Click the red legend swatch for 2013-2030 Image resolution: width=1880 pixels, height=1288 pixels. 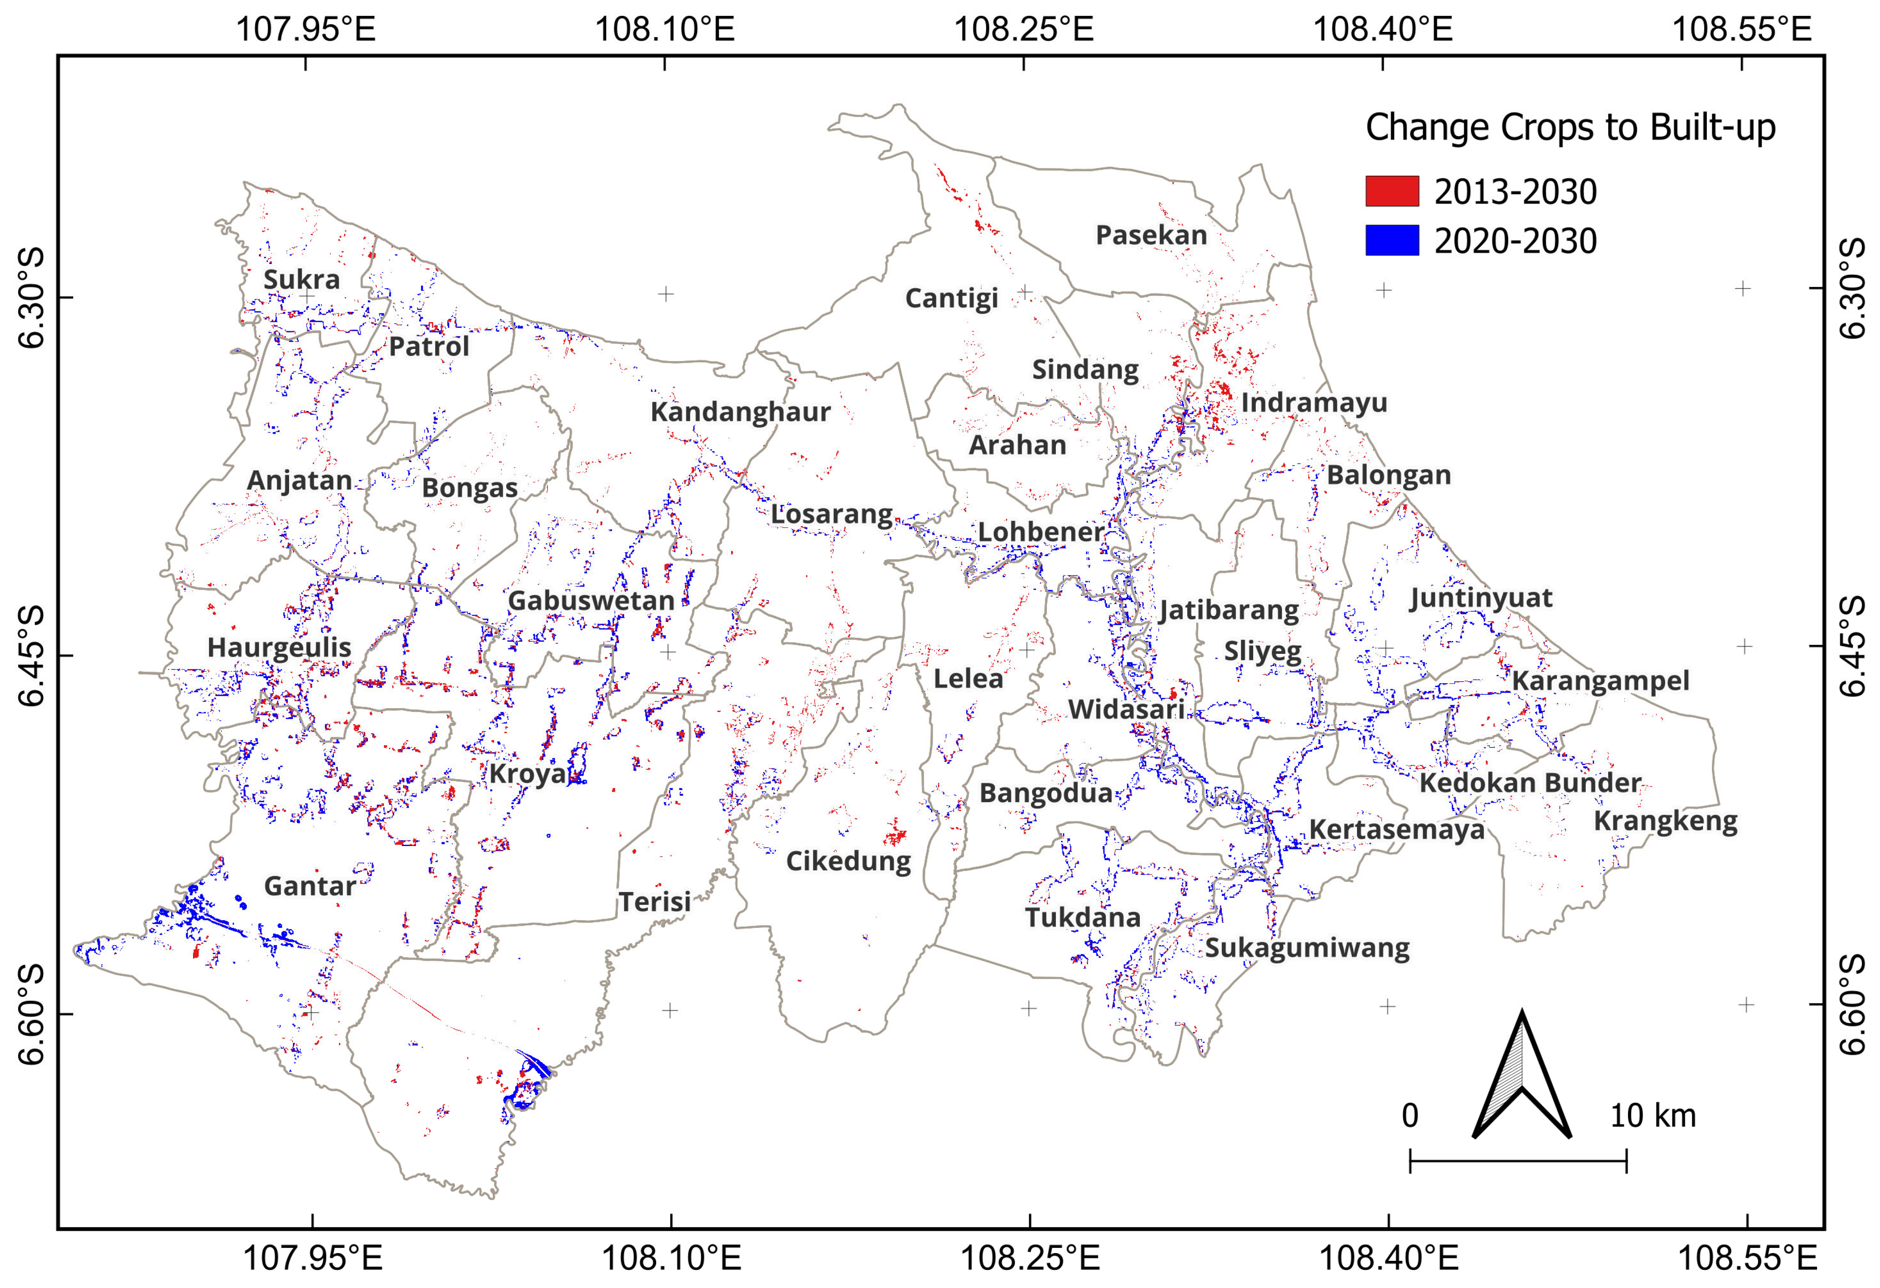pyautogui.click(x=1391, y=191)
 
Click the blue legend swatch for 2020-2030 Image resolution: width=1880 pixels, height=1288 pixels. pyautogui.click(x=1391, y=240)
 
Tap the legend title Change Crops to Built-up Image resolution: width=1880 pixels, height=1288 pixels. pyautogui.click(x=1570, y=128)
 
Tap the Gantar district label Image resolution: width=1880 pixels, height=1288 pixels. pyautogui.click(x=310, y=886)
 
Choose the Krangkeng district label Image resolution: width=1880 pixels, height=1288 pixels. pyautogui.click(x=1665, y=821)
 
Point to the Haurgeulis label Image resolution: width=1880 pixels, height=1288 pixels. pyautogui.click(x=279, y=647)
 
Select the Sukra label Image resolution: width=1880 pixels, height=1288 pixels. pyautogui.click(x=302, y=279)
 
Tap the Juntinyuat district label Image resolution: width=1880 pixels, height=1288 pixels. pyautogui.click(x=1480, y=598)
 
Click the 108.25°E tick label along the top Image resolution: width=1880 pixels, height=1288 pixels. pyautogui.click(x=1024, y=29)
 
